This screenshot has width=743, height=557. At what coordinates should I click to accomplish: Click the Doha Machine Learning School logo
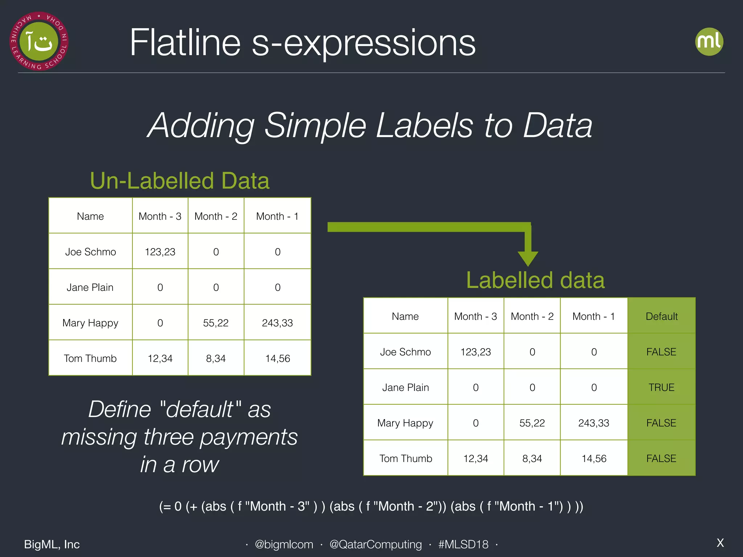click(39, 41)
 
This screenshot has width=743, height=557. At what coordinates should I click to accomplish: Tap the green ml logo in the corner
click(709, 42)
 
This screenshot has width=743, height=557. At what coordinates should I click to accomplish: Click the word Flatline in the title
click(185, 43)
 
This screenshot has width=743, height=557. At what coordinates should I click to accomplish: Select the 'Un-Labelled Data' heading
click(180, 181)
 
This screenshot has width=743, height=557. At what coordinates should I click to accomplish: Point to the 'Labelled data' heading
click(535, 280)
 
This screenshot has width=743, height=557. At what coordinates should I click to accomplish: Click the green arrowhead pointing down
click(528, 258)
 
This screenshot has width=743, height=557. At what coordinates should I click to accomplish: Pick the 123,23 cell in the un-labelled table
click(160, 252)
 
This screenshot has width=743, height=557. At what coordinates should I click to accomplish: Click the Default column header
click(661, 316)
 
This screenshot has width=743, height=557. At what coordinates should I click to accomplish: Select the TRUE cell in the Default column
click(661, 387)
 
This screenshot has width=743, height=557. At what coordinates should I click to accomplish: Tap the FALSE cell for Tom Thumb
click(661, 458)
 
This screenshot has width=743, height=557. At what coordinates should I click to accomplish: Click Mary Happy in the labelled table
click(405, 423)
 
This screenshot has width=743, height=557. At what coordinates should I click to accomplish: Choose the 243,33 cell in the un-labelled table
click(277, 323)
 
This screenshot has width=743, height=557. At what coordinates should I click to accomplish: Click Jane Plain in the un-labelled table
click(90, 287)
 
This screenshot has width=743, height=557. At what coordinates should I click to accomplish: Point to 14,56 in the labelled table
click(594, 458)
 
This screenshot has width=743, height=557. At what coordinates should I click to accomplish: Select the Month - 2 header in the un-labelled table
click(216, 216)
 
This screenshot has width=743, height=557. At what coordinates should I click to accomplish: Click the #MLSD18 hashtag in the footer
click(463, 544)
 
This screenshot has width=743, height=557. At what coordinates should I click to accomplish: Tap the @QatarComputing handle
click(375, 544)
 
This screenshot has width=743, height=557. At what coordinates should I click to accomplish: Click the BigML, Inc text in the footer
click(52, 544)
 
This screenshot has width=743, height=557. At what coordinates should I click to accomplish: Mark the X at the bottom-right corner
click(720, 543)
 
